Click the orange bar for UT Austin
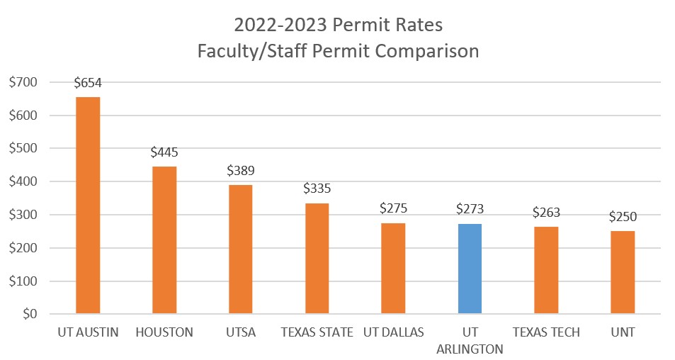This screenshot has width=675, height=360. click(88, 206)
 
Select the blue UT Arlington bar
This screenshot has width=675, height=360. click(470, 269)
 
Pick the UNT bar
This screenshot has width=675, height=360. click(623, 272)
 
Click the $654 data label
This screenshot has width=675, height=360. click(88, 84)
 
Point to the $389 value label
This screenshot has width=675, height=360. click(240, 171)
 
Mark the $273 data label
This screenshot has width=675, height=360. click(470, 210)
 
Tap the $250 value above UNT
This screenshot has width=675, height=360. click(623, 217)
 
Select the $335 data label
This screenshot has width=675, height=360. click(317, 189)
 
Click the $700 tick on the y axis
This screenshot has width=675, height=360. click(24, 82)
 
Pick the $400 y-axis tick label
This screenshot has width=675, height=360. click(24, 181)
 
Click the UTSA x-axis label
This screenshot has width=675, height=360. click(240, 332)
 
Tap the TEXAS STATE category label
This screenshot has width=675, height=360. click(317, 332)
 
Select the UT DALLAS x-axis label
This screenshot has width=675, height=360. click(393, 332)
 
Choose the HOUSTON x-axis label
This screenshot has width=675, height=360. click(164, 332)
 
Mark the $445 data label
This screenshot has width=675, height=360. click(164, 152)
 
